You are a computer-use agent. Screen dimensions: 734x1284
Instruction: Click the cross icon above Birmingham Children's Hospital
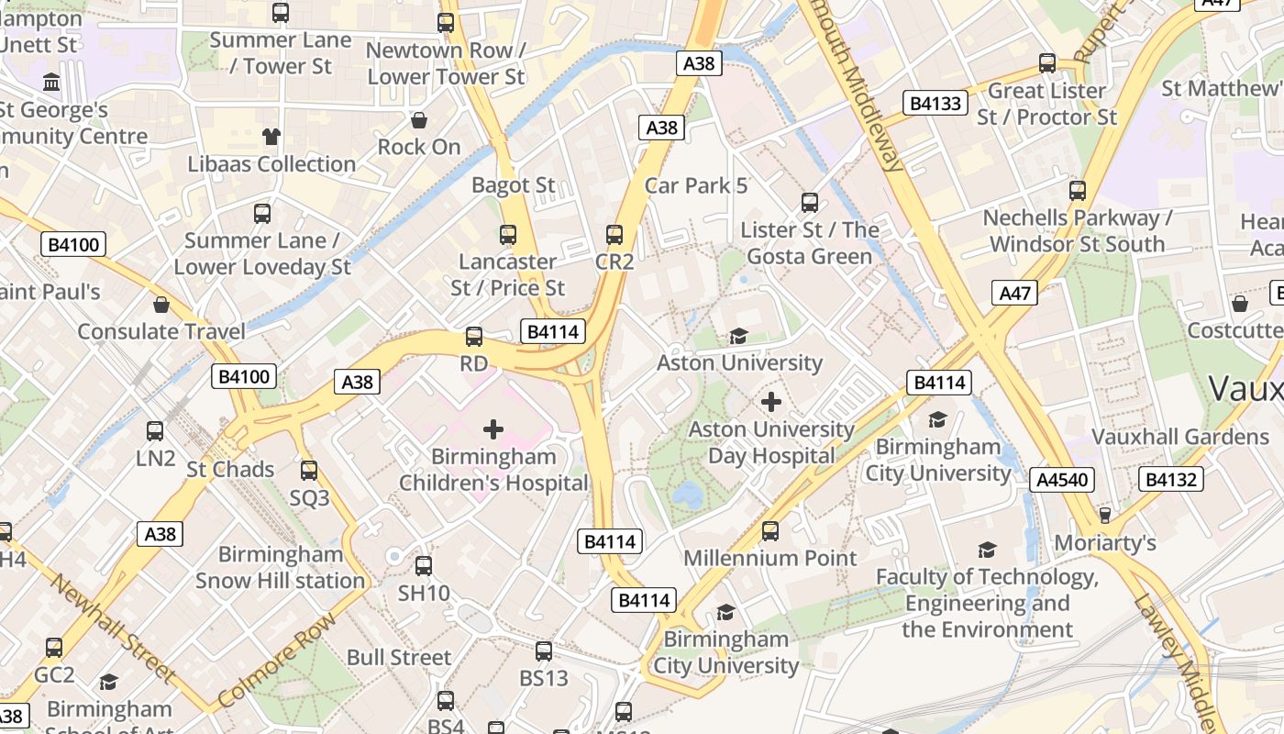coord(493,428)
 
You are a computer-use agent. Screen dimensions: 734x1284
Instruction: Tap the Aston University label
coord(739,362)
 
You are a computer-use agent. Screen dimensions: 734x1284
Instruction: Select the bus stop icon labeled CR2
coord(614,235)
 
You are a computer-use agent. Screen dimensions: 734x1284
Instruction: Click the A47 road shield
coord(1015,294)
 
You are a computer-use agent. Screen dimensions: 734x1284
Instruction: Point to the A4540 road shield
coord(1063,479)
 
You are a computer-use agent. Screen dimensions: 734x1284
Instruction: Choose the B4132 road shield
coord(1171,479)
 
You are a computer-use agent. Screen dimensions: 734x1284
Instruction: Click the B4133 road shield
coord(935,103)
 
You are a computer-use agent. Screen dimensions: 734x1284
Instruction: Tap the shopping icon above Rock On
coord(419,120)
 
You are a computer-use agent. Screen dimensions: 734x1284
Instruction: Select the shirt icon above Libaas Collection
coord(271,137)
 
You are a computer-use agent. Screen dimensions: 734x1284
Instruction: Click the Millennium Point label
coord(770,558)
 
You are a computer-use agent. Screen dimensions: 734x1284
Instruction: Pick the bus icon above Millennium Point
coord(770,530)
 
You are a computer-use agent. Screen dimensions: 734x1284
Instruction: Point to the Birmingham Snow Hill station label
coord(280,568)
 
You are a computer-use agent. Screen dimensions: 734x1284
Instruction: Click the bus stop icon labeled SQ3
coord(309,471)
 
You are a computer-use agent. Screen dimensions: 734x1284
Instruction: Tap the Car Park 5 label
coord(696,185)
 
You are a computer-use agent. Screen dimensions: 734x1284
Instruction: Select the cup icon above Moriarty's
coord(1105,515)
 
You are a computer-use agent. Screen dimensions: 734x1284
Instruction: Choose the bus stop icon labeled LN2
coord(155,430)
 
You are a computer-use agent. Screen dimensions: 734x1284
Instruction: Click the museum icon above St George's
coord(51,83)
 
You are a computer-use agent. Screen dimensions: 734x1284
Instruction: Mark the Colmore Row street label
coord(277,660)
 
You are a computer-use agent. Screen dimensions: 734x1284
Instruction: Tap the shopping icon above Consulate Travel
coord(161,305)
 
